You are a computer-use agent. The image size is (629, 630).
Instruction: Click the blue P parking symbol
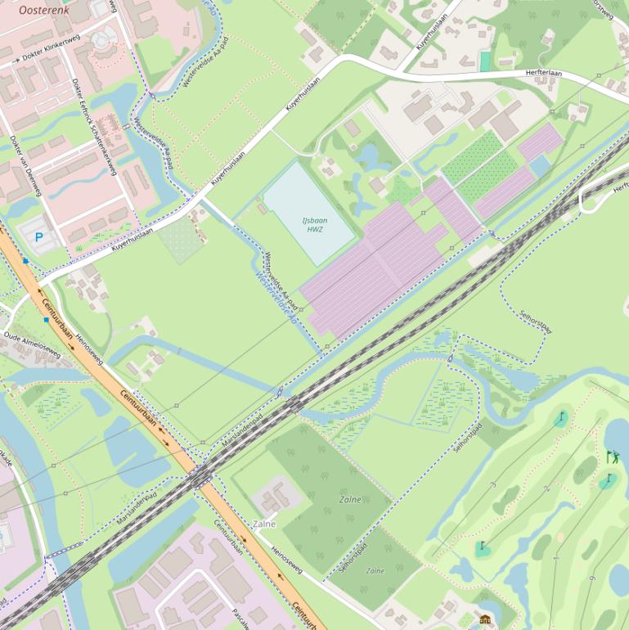[38, 237]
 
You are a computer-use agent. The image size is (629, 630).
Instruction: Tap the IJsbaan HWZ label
[314, 225]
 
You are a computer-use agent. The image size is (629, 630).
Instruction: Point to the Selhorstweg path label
[536, 322]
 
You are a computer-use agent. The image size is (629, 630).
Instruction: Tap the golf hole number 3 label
[492, 485]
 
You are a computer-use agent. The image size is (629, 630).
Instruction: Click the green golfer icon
[613, 457]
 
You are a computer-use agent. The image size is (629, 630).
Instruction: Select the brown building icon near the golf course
[485, 619]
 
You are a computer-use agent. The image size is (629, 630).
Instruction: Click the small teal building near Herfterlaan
[485, 61]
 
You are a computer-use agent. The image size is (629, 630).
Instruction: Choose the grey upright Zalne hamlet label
[264, 524]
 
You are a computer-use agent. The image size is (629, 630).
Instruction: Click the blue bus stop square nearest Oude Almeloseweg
[46, 320]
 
